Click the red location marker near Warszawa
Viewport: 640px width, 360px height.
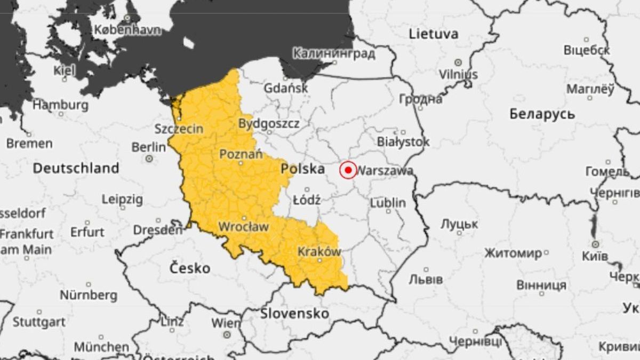348,170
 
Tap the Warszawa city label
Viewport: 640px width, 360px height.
385,171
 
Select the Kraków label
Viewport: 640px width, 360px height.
319,252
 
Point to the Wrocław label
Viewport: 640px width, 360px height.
243,227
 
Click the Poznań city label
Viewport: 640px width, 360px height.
241,155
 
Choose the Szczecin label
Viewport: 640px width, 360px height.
179,129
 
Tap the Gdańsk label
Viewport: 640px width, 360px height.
286,88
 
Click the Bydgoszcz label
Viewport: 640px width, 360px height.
269,124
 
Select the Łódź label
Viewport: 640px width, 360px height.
307,201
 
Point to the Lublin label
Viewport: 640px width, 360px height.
388,203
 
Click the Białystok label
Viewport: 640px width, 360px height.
403,142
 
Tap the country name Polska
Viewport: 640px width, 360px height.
303,169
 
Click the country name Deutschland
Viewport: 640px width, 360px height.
76,168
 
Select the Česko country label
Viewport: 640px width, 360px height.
190,268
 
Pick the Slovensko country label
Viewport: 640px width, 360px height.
294,314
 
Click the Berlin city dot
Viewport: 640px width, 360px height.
149,158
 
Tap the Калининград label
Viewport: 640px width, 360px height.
334,53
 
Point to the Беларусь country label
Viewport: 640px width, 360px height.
542,114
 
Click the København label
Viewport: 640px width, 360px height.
127,30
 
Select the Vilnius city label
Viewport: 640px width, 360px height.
458,74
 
